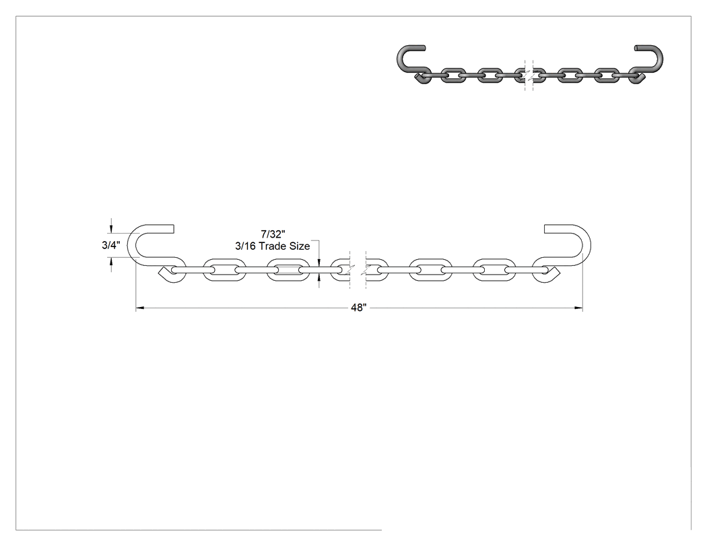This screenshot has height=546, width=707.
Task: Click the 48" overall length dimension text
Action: pyautogui.click(x=358, y=308)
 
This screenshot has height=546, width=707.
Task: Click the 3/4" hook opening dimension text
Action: pyautogui.click(x=111, y=245)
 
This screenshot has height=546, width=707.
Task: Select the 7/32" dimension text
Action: pyautogui.click(x=273, y=234)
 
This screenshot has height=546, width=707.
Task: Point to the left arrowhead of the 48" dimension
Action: pyautogui.click(x=140, y=308)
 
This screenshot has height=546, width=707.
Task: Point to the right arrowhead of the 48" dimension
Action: pyautogui.click(x=578, y=308)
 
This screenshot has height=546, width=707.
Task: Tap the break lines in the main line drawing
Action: pyautogui.click(x=358, y=270)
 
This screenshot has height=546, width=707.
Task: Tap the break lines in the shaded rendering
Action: pyautogui.click(x=529, y=75)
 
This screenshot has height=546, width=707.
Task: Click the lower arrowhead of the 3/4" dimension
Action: pyautogui.click(x=111, y=262)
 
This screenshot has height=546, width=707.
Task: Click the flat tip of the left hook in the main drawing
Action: pyautogui.click(x=173, y=229)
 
